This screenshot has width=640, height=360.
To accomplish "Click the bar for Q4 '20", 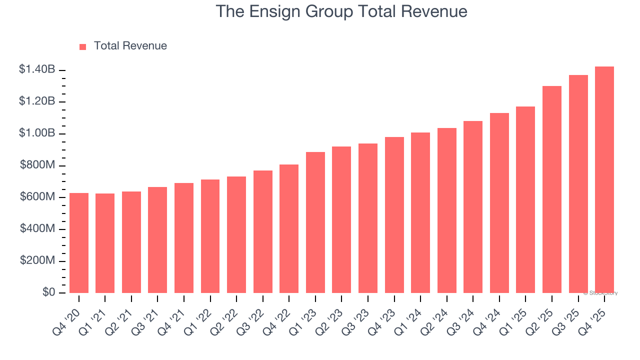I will (x=79, y=243).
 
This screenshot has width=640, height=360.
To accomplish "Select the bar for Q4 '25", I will (x=604, y=180).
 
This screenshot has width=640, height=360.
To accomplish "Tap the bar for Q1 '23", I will (x=315, y=222).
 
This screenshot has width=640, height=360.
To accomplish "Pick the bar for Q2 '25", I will (x=552, y=189).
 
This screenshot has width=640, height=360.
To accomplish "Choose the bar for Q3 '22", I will (x=263, y=231).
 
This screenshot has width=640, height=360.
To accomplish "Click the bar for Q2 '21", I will (x=131, y=242).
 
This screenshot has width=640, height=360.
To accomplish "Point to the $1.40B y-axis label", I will (x=37, y=70).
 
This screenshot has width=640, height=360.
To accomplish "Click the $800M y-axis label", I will (x=37, y=165).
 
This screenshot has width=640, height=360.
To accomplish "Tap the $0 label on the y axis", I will (x=48, y=292).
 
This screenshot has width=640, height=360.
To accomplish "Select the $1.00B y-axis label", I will (x=37, y=133).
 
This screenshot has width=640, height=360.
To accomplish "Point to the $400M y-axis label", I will (x=37, y=229).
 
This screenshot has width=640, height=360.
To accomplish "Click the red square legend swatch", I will (x=83, y=46).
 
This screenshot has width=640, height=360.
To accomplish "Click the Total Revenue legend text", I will (x=130, y=46).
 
